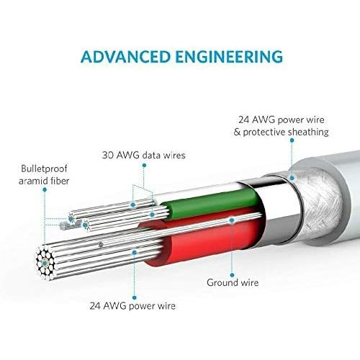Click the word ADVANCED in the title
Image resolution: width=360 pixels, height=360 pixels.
(x=125, y=57)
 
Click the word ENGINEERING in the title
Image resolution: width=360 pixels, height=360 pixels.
(x=229, y=57)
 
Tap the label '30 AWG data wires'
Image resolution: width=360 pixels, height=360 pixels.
(x=144, y=155)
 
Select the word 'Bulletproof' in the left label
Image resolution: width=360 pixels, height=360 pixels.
(x=44, y=168)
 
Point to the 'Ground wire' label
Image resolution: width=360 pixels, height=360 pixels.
(x=233, y=282)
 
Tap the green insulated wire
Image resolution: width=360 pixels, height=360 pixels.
(x=211, y=203)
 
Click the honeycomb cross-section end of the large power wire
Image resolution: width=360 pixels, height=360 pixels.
(x=45, y=264)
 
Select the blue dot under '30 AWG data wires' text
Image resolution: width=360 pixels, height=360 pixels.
(x=144, y=165)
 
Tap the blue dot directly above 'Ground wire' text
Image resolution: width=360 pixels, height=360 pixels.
(x=232, y=275)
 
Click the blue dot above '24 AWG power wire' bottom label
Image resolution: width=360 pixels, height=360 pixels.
(x=135, y=297)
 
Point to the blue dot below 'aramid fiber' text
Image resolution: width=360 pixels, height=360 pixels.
(x=45, y=190)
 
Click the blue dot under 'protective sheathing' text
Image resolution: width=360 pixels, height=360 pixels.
(x=292, y=140)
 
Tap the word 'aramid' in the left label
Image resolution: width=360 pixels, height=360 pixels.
(x=33, y=181)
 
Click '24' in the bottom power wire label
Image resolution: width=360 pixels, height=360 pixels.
(x=95, y=306)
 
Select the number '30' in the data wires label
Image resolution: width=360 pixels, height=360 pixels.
(x=107, y=156)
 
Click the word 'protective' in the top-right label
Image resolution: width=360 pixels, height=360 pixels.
(x=264, y=132)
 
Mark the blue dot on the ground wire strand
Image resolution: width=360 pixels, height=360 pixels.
(x=232, y=220)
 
